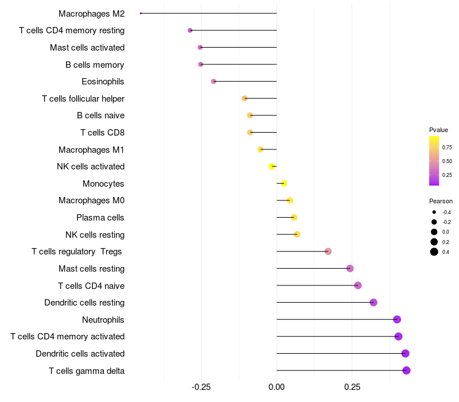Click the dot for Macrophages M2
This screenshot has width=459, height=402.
[141, 13]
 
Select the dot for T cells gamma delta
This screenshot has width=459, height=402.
[406, 370]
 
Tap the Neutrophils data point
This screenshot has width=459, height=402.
[397, 319]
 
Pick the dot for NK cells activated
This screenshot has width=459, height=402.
[272, 167]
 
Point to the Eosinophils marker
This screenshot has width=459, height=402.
[213, 82]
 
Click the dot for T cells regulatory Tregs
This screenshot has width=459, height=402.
[328, 252]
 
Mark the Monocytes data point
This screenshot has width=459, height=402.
[283, 184]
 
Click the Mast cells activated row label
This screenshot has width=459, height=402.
[87, 47]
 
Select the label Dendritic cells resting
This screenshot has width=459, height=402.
[84, 303]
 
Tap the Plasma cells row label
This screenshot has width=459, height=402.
[100, 218]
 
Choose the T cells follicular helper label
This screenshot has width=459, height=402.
[83, 98]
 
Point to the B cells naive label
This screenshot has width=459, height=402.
[100, 115]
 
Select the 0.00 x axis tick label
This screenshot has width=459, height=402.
[277, 387]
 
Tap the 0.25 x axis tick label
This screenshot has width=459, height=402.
[352, 387]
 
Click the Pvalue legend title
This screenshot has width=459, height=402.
[438, 130]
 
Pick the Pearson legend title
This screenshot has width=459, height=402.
[441, 201]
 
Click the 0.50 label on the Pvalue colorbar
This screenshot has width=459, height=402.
[447, 161]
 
